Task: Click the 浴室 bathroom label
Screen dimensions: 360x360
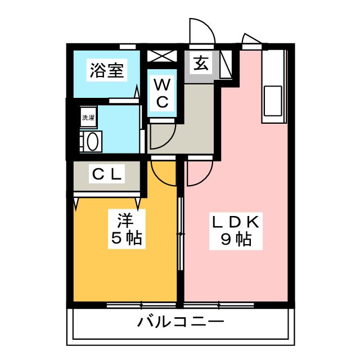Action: pos(107,70)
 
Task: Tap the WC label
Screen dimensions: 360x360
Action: pos(162,93)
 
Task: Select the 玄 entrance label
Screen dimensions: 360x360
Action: pos(201,63)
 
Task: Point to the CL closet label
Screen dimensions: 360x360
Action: pos(107,174)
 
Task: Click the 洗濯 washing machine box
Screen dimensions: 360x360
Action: pos(88,118)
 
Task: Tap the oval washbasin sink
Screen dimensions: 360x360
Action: pos(93,142)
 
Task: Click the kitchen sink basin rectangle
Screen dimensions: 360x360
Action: pos(273,101)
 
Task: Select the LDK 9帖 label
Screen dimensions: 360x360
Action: pos(236,231)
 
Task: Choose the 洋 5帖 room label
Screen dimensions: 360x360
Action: pos(127,229)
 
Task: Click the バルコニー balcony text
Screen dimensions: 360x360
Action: pos(181,321)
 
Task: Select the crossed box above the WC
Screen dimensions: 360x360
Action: pos(162,56)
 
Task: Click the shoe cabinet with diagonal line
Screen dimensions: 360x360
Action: pos(226,64)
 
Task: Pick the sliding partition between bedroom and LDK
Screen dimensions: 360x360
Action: pos(181,233)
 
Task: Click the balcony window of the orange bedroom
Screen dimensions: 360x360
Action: pos(141,305)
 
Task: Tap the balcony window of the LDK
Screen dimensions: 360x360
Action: pos(219,305)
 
